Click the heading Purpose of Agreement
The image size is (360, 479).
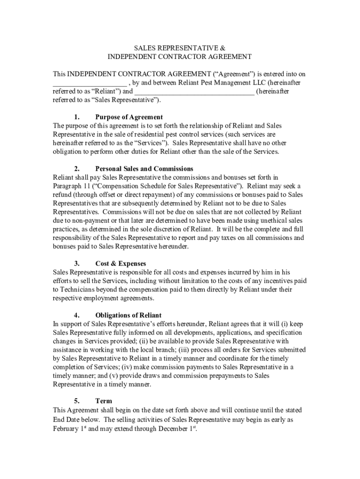click(129, 117)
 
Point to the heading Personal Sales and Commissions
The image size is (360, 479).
click(144, 168)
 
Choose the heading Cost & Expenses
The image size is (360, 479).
click(121, 264)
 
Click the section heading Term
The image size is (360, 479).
click(103, 401)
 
